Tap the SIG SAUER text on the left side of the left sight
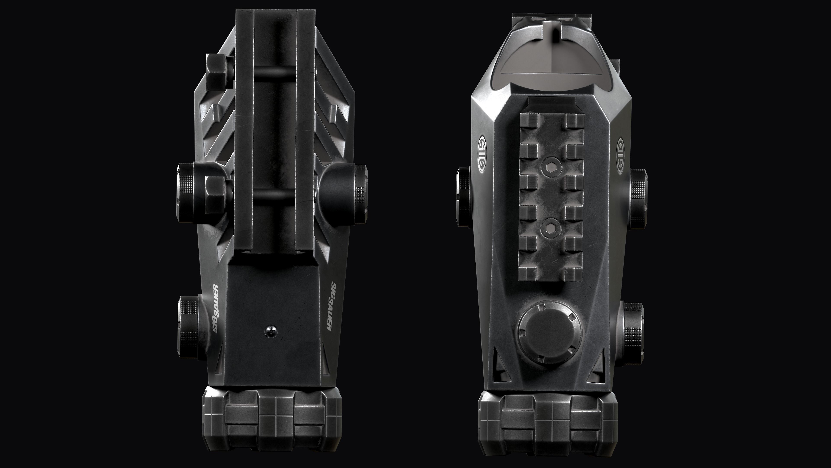coord(216,309)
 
